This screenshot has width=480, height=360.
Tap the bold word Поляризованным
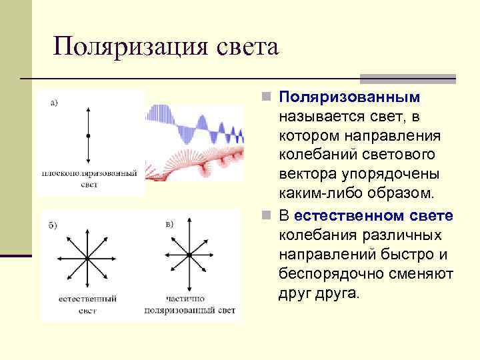tap(349, 97)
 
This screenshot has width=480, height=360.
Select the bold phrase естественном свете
tap(373, 217)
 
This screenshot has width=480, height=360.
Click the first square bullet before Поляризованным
tap(266, 98)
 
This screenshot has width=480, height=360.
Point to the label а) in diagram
tap(54, 102)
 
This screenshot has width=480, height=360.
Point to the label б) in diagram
tap(53, 225)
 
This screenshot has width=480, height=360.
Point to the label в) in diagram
tap(169, 223)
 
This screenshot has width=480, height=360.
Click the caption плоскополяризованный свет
tap(89, 178)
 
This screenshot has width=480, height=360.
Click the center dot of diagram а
tap(88, 135)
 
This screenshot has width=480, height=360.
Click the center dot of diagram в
tap(189, 255)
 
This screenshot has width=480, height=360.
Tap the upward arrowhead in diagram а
tap(88, 108)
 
